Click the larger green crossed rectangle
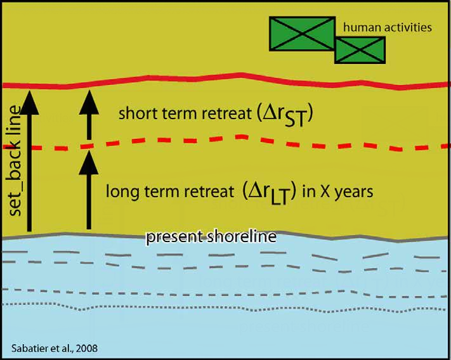click(x=302, y=34)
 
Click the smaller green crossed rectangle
click(x=360, y=50)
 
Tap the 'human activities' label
click(x=388, y=28)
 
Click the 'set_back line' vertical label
click(x=15, y=161)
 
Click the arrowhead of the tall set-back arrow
click(x=29, y=103)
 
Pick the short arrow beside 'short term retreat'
click(x=89, y=115)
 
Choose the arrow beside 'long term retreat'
click(x=89, y=190)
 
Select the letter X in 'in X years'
click(x=325, y=191)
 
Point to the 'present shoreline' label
click(x=211, y=237)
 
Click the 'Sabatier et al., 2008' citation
click(x=55, y=349)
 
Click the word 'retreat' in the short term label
click(x=226, y=113)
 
